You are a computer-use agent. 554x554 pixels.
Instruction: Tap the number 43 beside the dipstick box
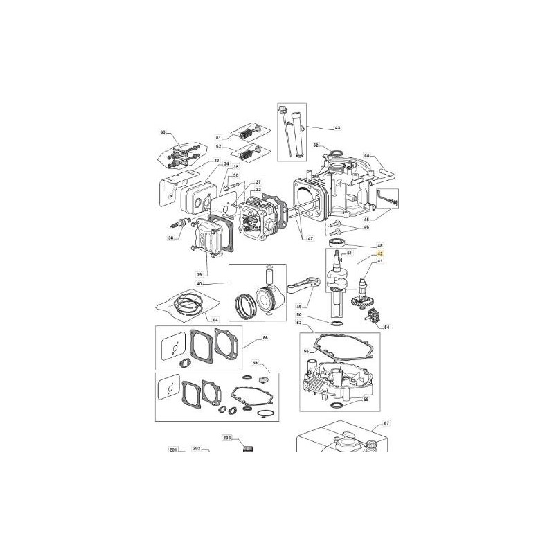(337, 128)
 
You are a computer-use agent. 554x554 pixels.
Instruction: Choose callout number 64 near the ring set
(215, 319)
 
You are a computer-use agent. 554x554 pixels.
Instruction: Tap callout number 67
(386, 423)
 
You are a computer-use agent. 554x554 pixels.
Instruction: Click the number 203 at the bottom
(226, 438)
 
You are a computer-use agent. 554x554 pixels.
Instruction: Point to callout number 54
(386, 326)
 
